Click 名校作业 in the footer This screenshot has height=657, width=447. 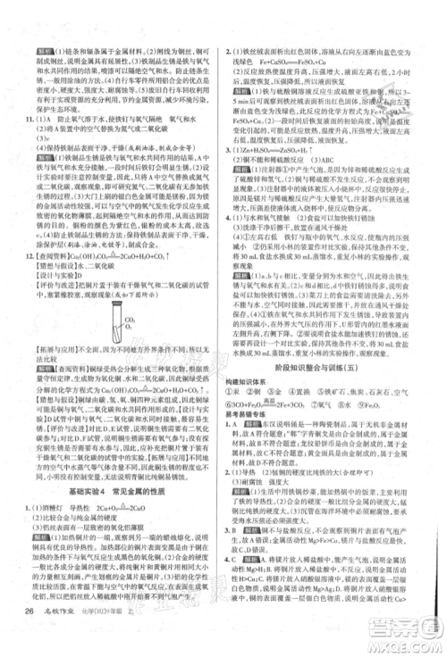point(68,636)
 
